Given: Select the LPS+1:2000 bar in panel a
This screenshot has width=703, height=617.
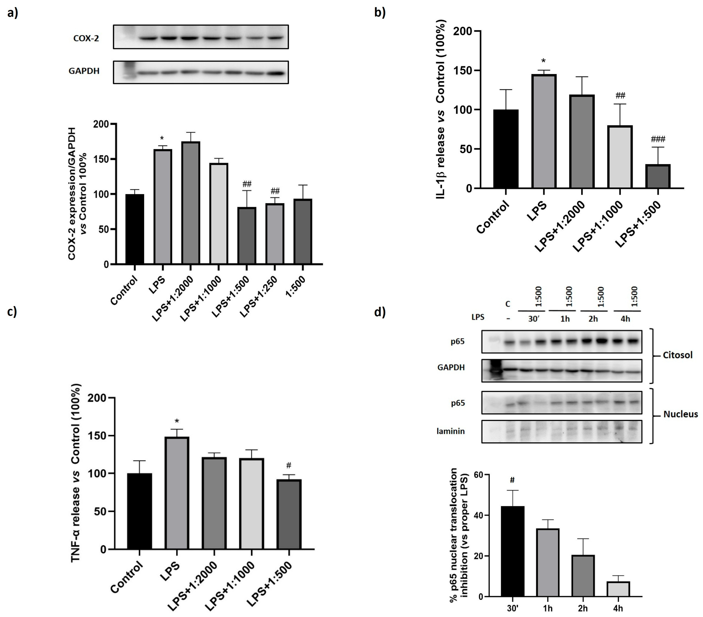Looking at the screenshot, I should click(x=191, y=203).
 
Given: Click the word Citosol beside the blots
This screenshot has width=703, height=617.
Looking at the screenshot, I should click(x=677, y=355).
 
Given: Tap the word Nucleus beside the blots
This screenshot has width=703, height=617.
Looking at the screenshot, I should click(x=680, y=414).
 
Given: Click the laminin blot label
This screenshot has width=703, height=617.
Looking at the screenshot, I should click(x=451, y=431).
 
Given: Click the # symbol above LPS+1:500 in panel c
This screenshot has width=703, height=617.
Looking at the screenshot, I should click(x=289, y=465).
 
